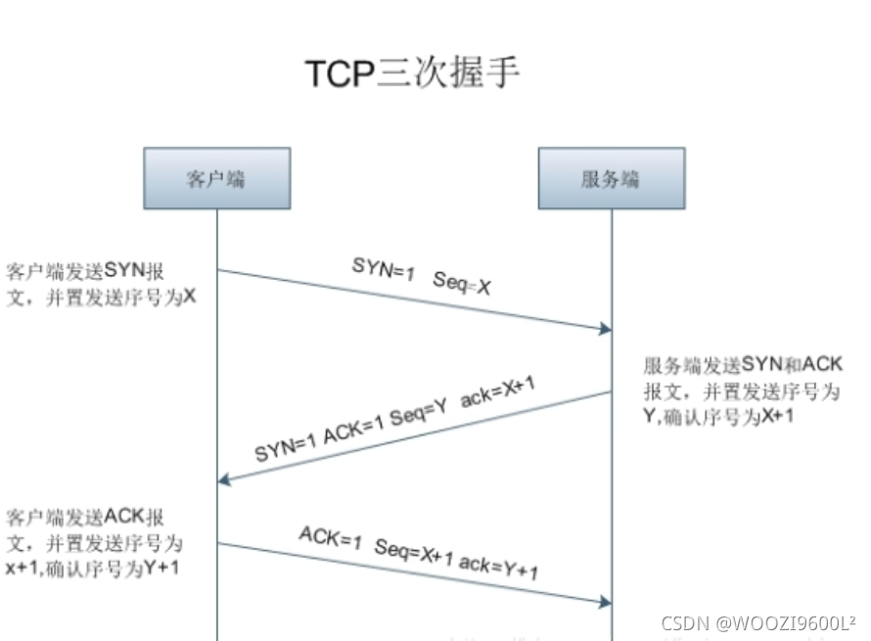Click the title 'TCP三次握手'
coord(412,74)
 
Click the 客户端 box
coord(216,178)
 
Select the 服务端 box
coord(611,178)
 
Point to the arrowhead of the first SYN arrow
coord(606,331)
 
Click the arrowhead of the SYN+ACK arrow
coord(224,479)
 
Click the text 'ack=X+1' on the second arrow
coord(498,389)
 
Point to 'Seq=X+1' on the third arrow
coord(415,553)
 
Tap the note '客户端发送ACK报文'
coord(87,516)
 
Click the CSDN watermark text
coord(758,622)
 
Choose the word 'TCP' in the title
coord(340,74)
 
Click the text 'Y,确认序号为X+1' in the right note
coord(718,416)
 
